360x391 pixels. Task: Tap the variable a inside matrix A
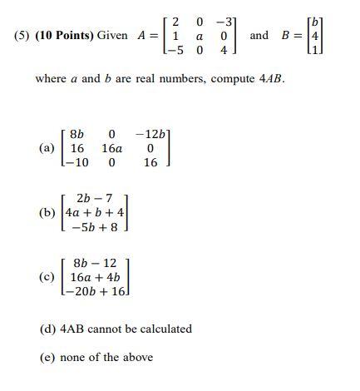[x=200, y=36]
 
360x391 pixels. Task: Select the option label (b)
[x=47, y=212]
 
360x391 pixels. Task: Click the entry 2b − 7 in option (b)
[x=94, y=198]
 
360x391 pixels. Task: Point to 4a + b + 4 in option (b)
[x=95, y=213]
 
